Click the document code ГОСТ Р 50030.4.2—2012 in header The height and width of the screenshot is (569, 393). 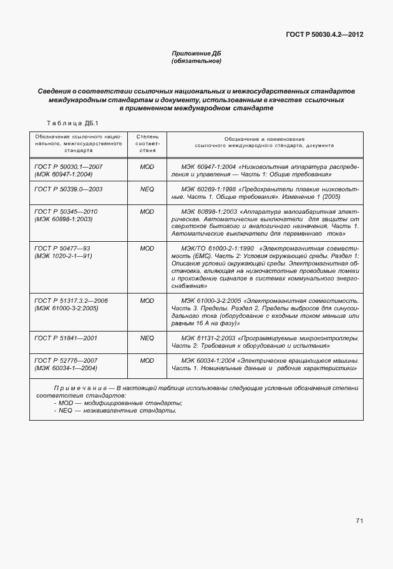(324, 35)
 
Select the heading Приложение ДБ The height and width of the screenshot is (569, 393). (196, 54)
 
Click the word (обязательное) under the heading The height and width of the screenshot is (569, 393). (196, 61)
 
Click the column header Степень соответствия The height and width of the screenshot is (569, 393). (147, 143)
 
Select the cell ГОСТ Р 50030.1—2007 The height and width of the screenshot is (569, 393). (69, 168)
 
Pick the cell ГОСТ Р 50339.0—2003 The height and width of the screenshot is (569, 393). (69, 188)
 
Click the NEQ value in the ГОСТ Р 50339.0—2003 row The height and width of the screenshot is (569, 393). (147, 188)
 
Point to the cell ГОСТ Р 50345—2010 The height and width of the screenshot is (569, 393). (66, 212)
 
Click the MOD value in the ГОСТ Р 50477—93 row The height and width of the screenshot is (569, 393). (147, 249)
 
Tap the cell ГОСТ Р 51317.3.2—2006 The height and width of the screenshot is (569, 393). (71, 301)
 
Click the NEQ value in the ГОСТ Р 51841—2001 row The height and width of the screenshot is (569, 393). (147, 338)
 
